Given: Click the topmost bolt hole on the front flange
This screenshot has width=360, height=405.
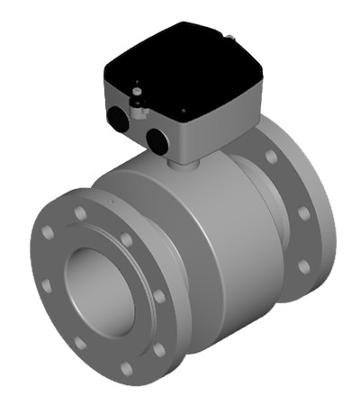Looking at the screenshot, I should (x=80, y=213).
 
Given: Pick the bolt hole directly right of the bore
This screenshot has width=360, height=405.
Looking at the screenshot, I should (x=159, y=296).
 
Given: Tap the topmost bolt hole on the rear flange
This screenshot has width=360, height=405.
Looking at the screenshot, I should (x=271, y=157).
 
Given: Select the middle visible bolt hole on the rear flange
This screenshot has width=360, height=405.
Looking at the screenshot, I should (x=303, y=213).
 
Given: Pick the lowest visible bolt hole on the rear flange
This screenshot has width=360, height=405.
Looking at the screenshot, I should (x=304, y=267).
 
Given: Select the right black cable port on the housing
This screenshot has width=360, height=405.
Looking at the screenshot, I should (x=157, y=138).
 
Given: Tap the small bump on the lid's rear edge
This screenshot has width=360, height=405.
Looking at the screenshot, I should (x=231, y=37).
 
